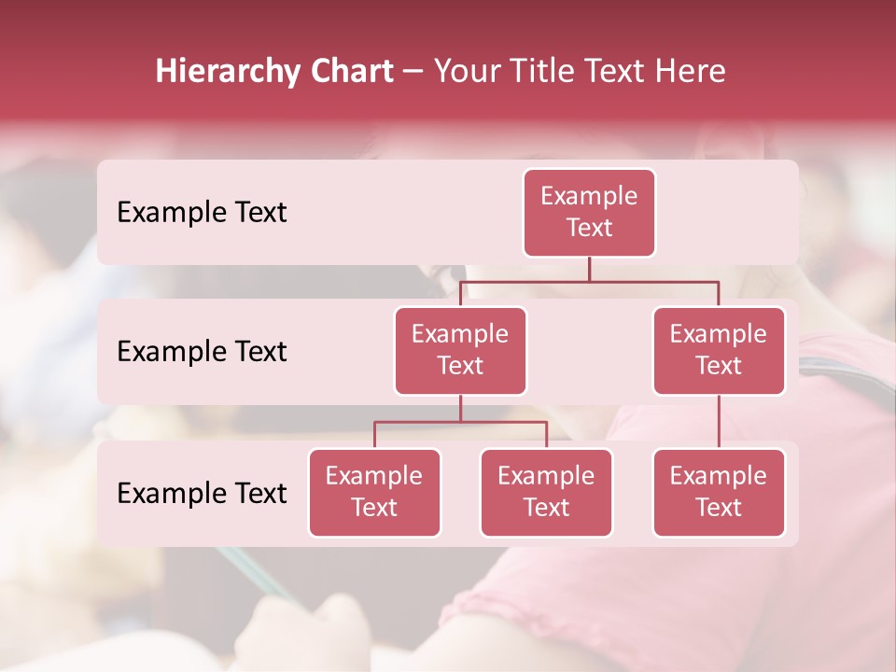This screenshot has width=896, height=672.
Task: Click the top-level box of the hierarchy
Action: pos(589,212)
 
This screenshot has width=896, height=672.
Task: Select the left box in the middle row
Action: pos(460,350)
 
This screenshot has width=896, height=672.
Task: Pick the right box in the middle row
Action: pos(719,350)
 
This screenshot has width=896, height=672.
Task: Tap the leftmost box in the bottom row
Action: pos(374,492)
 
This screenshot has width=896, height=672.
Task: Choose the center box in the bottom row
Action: pos(546,492)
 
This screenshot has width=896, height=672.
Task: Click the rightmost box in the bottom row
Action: pos(719,492)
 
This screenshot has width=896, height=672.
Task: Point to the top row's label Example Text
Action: pos(202,213)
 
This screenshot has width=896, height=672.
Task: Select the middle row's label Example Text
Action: pos(202,352)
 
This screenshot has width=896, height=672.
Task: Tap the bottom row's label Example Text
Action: pos(202,493)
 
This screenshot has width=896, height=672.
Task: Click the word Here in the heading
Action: pos(690,71)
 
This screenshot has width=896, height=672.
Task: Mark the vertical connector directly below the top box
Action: pos(589,269)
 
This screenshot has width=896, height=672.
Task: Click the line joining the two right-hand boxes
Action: pos(719,421)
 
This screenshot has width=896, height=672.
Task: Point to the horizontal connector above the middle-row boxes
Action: pos(589,281)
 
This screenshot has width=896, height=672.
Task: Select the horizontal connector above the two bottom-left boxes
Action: pos(460,422)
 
